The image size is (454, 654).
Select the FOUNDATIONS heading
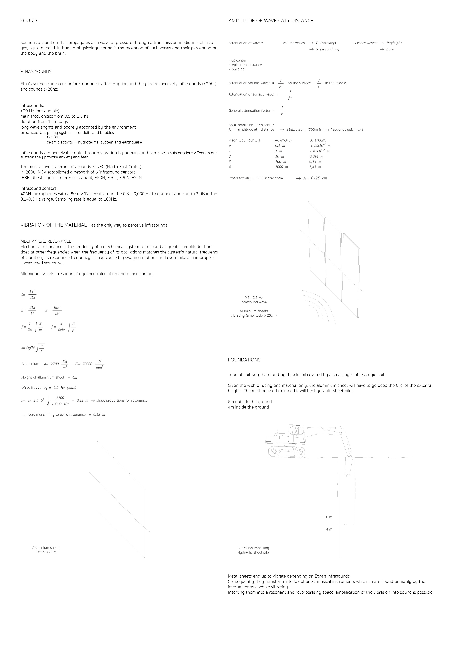[244, 360]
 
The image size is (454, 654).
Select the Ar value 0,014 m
[316, 156]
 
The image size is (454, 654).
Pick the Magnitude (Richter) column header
[244, 140]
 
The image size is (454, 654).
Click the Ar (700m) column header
[318, 140]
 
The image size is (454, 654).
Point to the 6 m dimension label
[329, 517]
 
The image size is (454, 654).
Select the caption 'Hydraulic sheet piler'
[254, 552]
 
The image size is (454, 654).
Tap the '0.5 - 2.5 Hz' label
[254, 298]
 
